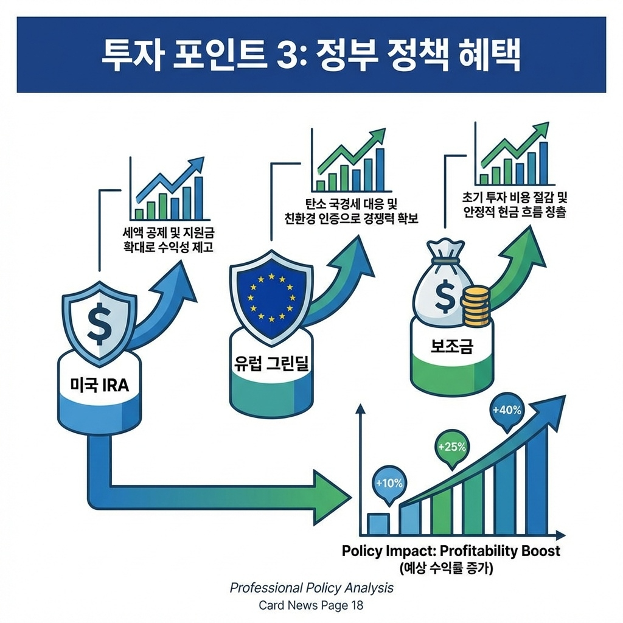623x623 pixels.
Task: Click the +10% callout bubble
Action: (389, 484)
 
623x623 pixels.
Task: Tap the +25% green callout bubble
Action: (451, 447)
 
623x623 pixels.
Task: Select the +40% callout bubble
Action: (507, 410)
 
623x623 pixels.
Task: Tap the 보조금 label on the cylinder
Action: (451, 346)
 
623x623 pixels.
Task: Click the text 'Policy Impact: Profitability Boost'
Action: (451, 552)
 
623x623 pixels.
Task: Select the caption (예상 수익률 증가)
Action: (451, 570)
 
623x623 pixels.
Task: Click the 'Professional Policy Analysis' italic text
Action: (311, 588)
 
